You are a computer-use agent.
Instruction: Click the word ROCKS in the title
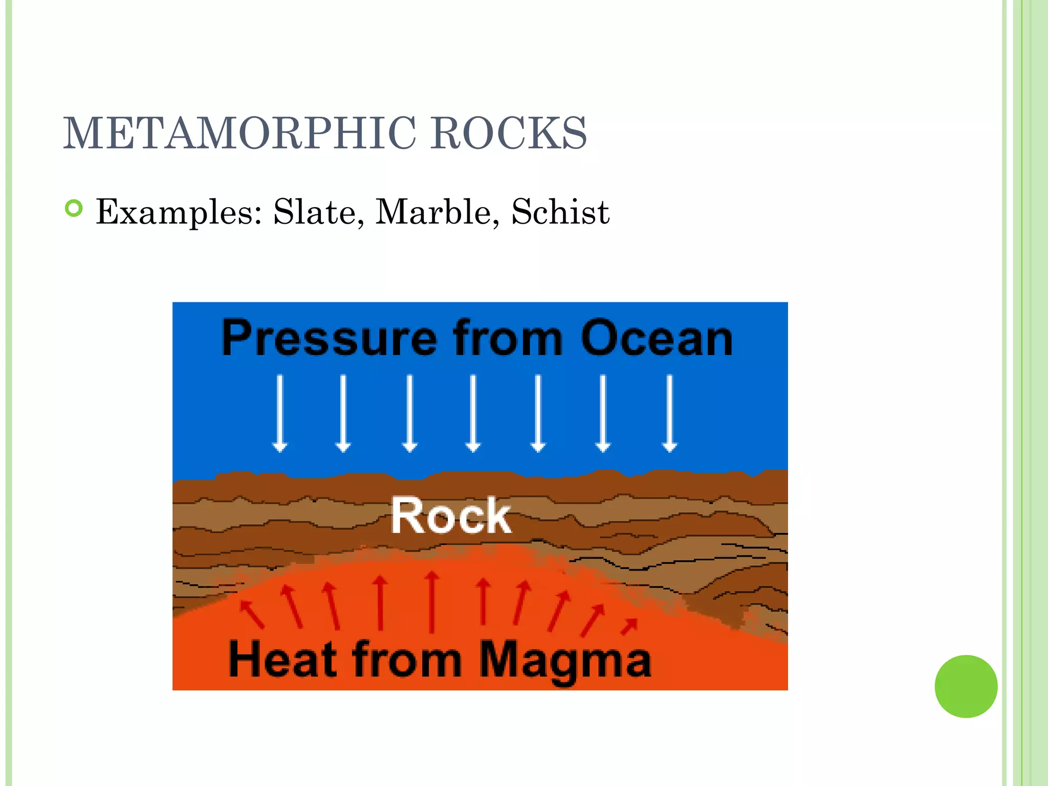point(508,133)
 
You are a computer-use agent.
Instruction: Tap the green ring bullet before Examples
point(74,208)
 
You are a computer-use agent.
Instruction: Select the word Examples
point(179,212)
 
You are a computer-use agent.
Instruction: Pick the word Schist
point(560,212)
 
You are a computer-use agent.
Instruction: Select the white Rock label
point(451,516)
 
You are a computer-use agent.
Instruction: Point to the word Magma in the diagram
point(565,660)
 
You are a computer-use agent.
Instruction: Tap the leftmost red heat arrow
point(252,614)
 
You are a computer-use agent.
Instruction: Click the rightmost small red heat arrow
point(629,626)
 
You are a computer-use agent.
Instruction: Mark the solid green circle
point(966,686)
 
